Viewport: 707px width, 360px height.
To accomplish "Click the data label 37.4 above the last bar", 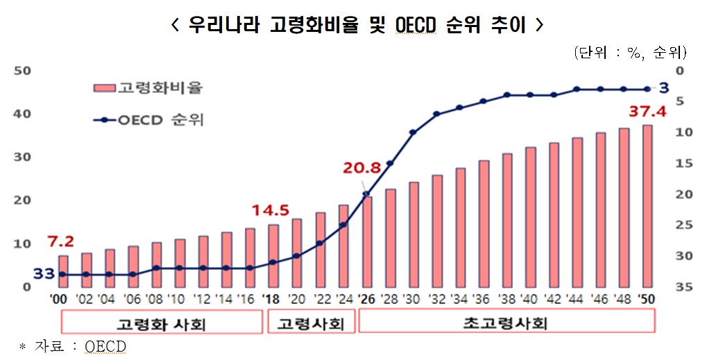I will [646, 111].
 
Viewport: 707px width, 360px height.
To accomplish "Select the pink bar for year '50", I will [647, 205].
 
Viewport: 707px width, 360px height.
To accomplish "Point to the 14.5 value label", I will [271, 209].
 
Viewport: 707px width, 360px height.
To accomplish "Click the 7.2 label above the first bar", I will [61, 242].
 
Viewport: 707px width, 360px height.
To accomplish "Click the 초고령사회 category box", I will [506, 323].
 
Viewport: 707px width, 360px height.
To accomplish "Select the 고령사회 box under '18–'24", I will [311, 323].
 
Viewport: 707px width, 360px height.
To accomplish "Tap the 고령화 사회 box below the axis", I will [162, 323].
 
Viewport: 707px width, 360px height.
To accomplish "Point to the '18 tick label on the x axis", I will [272, 300].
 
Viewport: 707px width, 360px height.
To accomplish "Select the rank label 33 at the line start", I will [44, 274].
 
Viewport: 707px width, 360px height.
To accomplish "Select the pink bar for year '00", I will [63, 271].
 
